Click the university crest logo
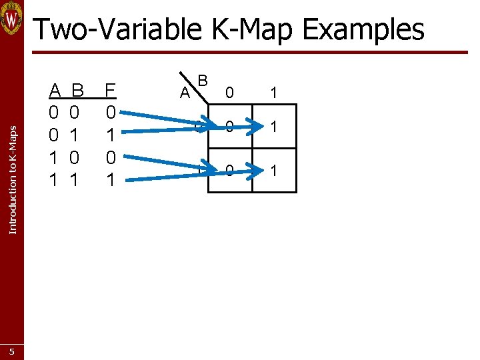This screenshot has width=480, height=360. coord(12,18)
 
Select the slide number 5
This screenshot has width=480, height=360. coord(12,351)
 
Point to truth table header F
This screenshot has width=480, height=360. coord(111,90)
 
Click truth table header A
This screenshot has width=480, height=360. coord(56,90)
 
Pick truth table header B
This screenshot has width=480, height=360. coord(77,90)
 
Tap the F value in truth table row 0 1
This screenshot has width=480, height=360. coord(111,135)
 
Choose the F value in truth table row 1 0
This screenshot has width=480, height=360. coord(111,158)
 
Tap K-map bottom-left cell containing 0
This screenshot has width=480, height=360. coord(229,171)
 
